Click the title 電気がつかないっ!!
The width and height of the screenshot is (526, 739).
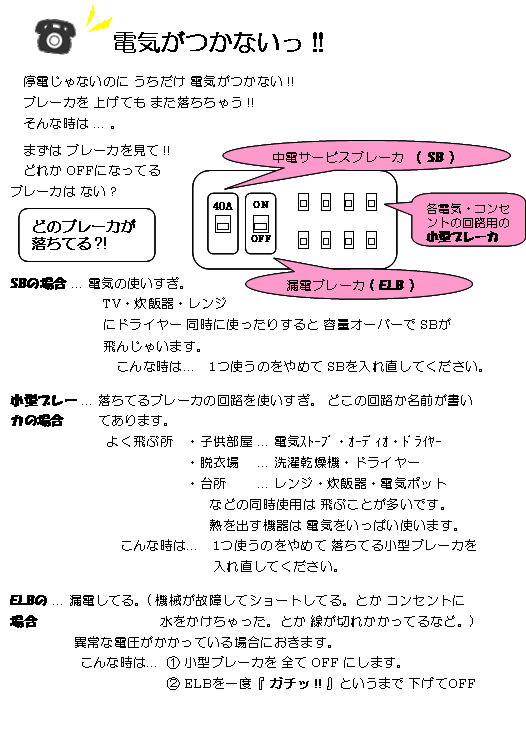pyautogui.click(x=218, y=42)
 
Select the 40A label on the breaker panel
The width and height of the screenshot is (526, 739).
pyautogui.click(x=222, y=205)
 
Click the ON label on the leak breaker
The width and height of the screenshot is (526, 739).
pyautogui.click(x=261, y=204)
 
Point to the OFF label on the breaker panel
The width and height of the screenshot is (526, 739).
pyautogui.click(x=261, y=238)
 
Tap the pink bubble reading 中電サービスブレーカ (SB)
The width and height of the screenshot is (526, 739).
pyautogui.click(x=366, y=157)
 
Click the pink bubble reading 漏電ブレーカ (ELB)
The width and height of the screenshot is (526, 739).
pyautogui.click(x=359, y=284)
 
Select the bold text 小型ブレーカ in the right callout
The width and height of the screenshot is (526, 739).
pyautogui.click(x=462, y=236)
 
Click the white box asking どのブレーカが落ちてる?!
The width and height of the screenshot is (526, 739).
pyautogui.click(x=87, y=235)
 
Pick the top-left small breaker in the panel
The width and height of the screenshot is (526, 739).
pyautogui.click(x=304, y=203)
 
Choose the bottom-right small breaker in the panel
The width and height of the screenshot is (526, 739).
pyautogui.click(x=371, y=240)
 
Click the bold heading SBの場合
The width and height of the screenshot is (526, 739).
pyautogui.click(x=38, y=283)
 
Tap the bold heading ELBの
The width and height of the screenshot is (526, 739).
pyautogui.click(x=29, y=600)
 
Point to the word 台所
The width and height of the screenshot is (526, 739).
pyautogui.click(x=214, y=483)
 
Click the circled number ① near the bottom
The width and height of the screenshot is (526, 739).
pyautogui.click(x=173, y=663)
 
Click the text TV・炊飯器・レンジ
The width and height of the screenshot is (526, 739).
pyautogui.click(x=165, y=304)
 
